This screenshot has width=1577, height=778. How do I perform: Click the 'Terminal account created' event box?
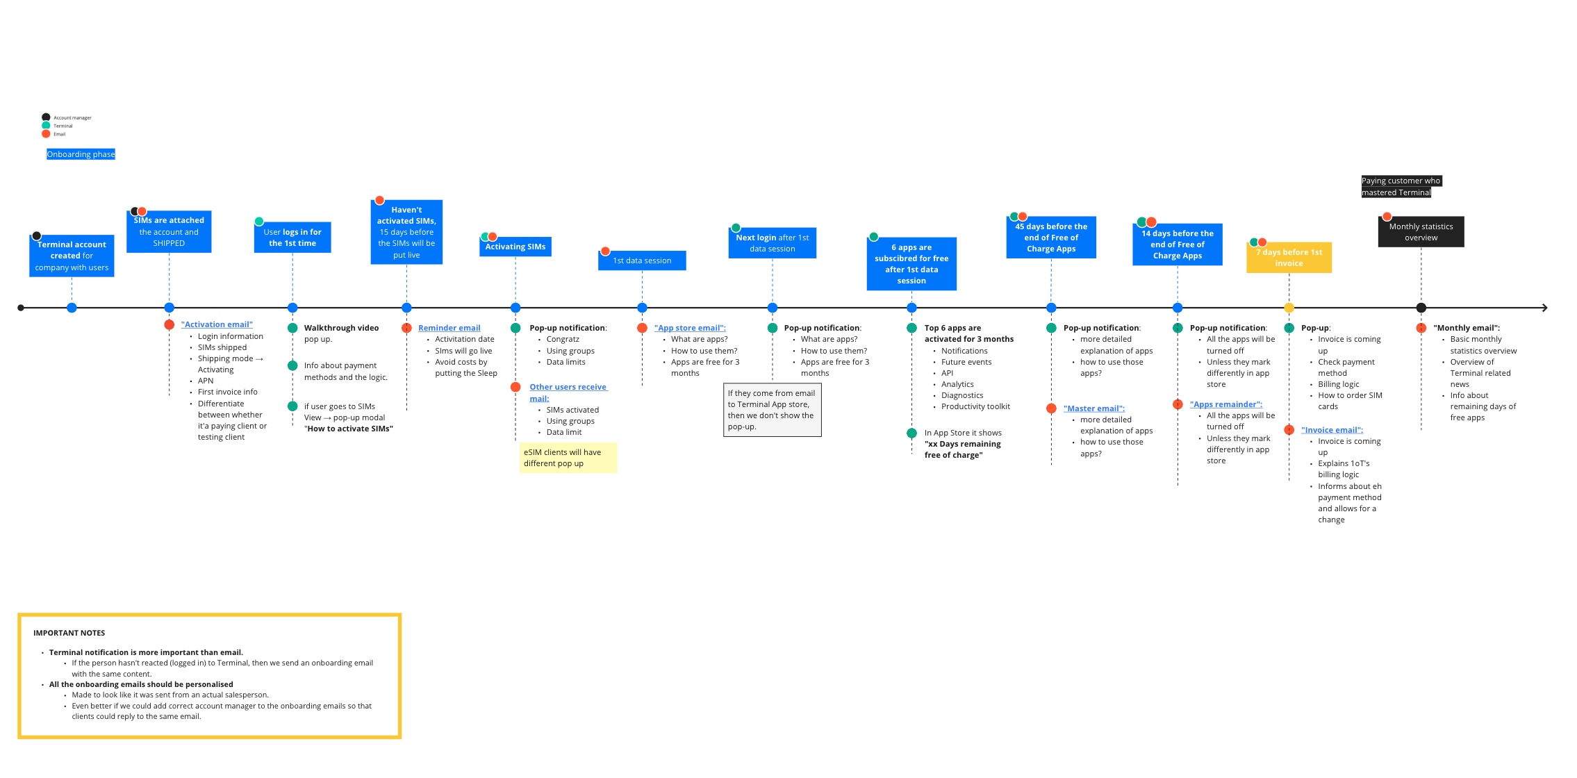[72, 256]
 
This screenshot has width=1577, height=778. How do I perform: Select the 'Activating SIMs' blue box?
[515, 247]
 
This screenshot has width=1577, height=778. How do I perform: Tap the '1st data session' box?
[642, 260]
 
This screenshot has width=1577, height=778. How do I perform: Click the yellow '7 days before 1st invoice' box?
[1289, 258]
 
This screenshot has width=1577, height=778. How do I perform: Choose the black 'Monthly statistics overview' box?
[1421, 232]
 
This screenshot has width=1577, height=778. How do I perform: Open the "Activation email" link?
[217, 324]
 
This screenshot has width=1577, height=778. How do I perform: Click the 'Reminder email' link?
[449, 328]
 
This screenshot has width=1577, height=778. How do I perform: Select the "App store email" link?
[690, 328]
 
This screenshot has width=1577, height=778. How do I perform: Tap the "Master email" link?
[1093, 408]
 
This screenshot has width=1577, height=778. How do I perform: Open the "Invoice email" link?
[1332, 430]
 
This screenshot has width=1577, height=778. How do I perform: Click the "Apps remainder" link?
[1225, 404]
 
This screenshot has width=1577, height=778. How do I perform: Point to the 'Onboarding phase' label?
[81, 154]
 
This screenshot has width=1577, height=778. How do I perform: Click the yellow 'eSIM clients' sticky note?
[568, 458]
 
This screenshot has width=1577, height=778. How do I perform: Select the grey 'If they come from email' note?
[772, 410]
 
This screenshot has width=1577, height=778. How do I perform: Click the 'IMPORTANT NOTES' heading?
[69, 633]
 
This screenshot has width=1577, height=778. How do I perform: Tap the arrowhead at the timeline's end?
[1544, 308]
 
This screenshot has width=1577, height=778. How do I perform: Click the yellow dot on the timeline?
[1289, 308]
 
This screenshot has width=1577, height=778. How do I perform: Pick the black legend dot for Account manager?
[46, 117]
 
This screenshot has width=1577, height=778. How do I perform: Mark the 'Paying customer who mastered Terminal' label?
[1401, 186]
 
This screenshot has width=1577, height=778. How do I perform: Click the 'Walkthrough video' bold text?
[341, 328]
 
